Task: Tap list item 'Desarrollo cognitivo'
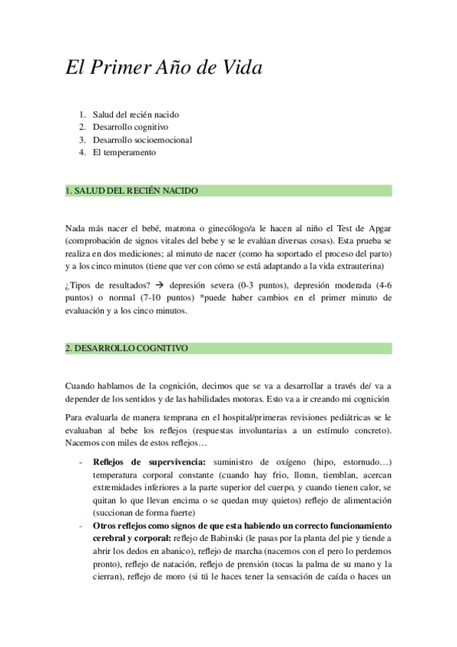pos(130,127)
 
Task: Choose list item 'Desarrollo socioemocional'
pos(142,140)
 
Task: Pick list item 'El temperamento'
pos(124,152)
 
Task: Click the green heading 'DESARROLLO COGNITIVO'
pos(127,348)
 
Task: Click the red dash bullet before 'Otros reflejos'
pos(82,526)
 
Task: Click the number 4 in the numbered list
pos(81,152)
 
